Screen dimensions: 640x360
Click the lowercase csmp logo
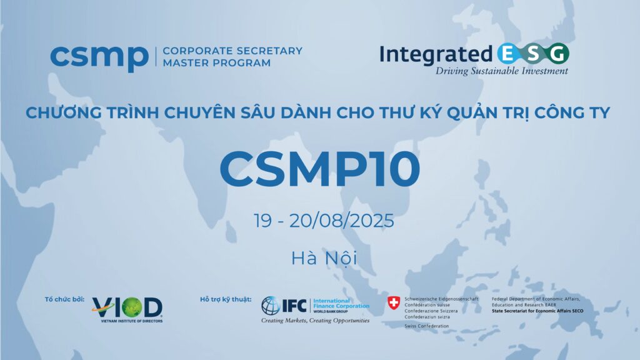pyautogui.click(x=99, y=58)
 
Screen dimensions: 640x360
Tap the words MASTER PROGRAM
pyautogui.click(x=217, y=63)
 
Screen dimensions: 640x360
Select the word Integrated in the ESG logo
pyautogui.click(x=436, y=55)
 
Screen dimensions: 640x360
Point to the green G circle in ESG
pyautogui.click(x=558, y=54)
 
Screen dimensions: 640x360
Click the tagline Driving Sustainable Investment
pyautogui.click(x=502, y=71)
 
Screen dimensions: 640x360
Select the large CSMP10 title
pyautogui.click(x=320, y=169)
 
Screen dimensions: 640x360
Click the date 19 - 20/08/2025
pyautogui.click(x=324, y=221)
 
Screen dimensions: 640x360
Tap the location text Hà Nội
pyautogui.click(x=324, y=258)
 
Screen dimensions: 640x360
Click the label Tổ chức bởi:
pyautogui.click(x=64, y=299)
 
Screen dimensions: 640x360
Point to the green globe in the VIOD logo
pyautogui.click(x=131, y=307)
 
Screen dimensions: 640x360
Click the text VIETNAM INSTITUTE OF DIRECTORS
pyautogui.click(x=132, y=321)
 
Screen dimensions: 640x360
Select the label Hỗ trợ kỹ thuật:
pyautogui.click(x=225, y=299)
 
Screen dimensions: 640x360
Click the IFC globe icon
pyautogui.click(x=270, y=306)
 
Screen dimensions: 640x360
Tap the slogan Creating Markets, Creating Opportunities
pyautogui.click(x=315, y=321)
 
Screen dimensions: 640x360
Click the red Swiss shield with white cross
pyautogui.click(x=394, y=303)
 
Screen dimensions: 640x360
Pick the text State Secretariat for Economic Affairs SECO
pyautogui.click(x=537, y=311)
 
